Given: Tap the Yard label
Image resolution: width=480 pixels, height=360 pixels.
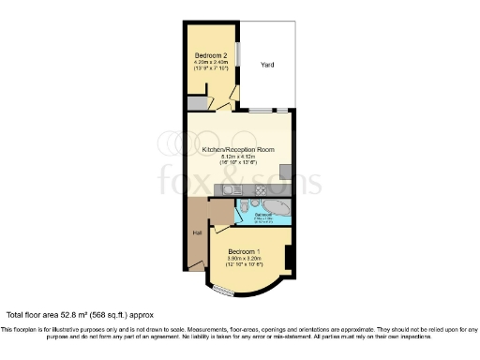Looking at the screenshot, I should pos(267,65).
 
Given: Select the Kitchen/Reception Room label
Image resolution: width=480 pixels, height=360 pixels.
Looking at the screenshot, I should pos(238,149).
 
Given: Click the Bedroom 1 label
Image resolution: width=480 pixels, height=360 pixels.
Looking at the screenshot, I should pos(245,251).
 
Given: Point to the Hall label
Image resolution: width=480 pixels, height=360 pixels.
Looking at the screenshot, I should pos(197,232).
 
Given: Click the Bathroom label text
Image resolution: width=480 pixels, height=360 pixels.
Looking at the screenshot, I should pos(264,216).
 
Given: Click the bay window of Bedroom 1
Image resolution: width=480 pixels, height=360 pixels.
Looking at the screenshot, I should pos(223,292).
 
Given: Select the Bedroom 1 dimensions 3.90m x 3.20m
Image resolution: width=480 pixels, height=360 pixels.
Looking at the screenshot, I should pos(245,259).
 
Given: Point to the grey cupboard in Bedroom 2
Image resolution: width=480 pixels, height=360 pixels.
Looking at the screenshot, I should pos(195,103).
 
